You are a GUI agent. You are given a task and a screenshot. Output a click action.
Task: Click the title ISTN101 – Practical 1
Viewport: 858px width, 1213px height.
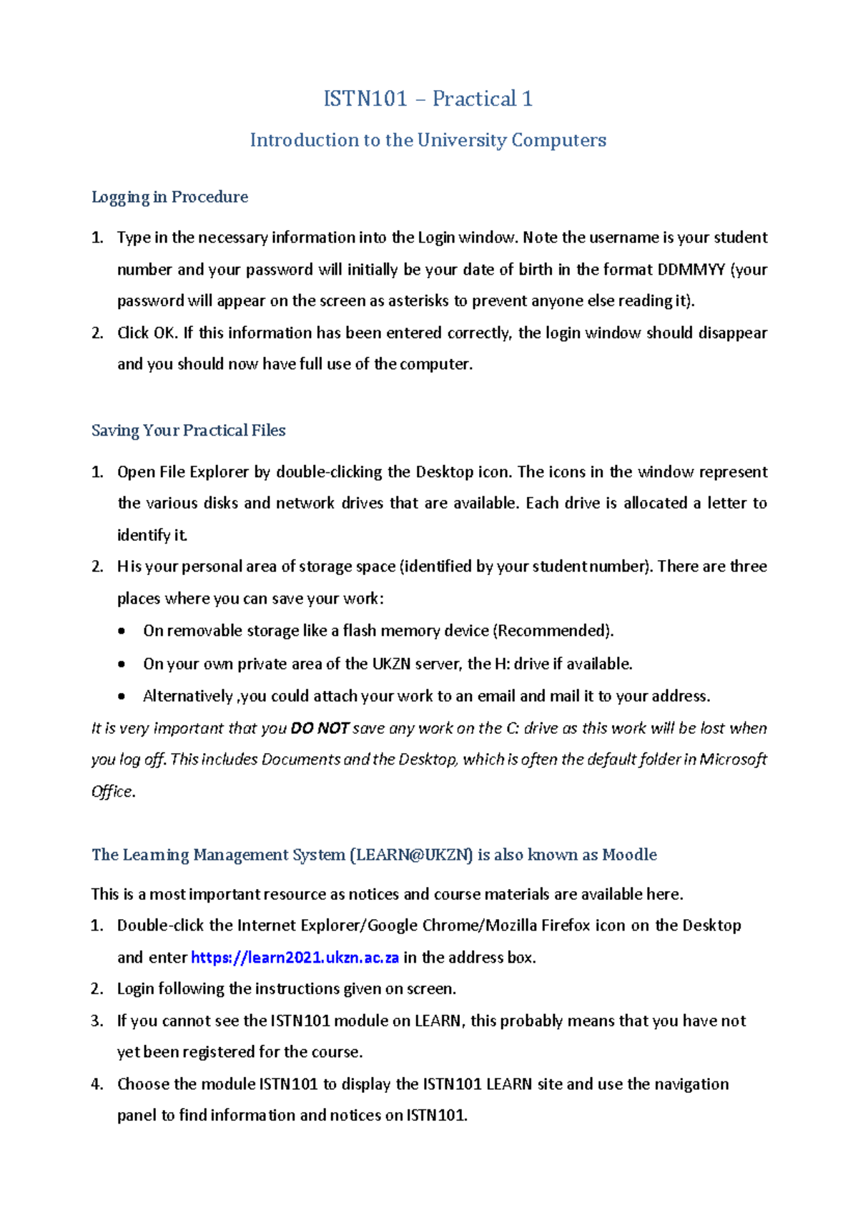click(x=428, y=99)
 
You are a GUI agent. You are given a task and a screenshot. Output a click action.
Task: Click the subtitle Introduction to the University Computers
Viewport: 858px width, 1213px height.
click(x=428, y=140)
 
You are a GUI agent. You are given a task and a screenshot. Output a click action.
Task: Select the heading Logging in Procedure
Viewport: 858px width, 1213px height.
click(x=169, y=197)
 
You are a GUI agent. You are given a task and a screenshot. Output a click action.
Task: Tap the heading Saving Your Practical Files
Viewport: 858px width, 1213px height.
click(x=188, y=431)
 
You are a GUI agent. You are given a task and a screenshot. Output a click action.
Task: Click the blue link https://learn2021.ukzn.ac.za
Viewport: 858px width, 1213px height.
click(x=295, y=958)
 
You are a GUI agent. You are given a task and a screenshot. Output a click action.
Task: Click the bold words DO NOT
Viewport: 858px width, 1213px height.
click(x=320, y=729)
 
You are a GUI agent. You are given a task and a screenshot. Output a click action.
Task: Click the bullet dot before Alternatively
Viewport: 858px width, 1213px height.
click(x=122, y=697)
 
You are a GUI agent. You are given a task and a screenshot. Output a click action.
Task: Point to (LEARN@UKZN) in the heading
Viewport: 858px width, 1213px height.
click(x=411, y=855)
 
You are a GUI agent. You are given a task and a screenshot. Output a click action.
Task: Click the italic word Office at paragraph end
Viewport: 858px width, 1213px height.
click(x=112, y=792)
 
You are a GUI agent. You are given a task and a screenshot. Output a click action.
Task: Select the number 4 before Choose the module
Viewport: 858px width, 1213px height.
click(x=97, y=1084)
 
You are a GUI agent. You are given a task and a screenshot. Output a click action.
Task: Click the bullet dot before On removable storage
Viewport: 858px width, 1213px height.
click(x=122, y=632)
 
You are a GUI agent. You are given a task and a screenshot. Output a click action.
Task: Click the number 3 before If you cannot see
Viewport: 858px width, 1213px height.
click(x=97, y=1021)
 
